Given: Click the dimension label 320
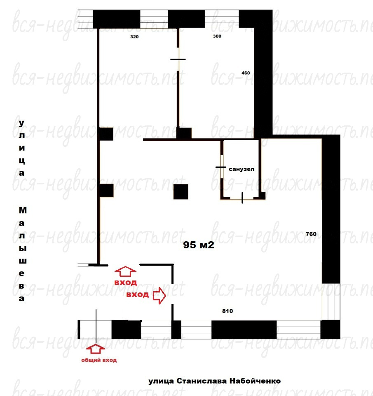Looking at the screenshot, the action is point(134,37).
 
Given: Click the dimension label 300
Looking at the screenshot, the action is point(217,36).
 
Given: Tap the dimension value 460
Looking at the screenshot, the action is point(246,73).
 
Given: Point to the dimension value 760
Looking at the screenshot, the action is point(311,234).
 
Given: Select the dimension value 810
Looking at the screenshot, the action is point(228,311).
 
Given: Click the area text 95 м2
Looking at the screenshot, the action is point(199,245).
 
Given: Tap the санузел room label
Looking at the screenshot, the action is point(242,169).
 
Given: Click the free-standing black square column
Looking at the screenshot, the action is point(181,192).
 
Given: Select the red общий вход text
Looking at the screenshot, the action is point(99,360).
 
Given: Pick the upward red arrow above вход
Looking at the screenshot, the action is point(125,271).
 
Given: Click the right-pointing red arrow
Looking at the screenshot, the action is point(160,295).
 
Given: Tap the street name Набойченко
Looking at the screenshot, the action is point(255,381).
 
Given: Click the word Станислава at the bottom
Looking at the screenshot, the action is point(202,381).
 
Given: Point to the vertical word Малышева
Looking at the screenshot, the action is point(22,255).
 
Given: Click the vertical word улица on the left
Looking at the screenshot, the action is point(22,148).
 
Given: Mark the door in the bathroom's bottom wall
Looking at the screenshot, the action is point(242,198).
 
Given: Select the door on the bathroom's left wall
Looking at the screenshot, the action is point(221,167).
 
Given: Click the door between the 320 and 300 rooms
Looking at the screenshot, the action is point(178,59).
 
